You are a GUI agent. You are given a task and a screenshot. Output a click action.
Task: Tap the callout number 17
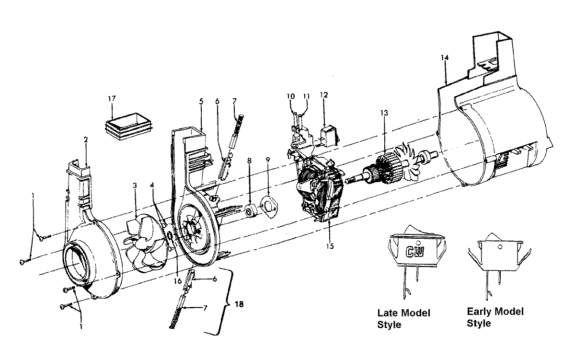pyautogui.click(x=112, y=99)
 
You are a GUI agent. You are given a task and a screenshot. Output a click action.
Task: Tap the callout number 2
pyautogui.click(x=86, y=140)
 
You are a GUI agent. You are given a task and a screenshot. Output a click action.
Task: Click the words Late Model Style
pyautogui.click(x=403, y=319)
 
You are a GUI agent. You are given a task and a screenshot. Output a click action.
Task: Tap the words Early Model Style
pyautogui.click(x=495, y=317)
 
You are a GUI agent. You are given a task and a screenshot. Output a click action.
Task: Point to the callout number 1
pyautogui.click(x=81, y=327)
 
